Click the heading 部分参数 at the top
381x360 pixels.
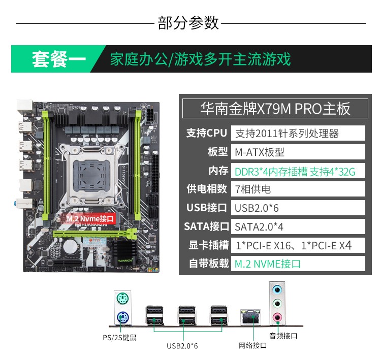point(188,23)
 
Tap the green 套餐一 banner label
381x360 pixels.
point(59,59)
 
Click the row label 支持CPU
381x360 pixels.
point(206,133)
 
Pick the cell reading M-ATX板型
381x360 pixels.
point(298,152)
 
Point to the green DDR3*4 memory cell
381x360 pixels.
point(298,171)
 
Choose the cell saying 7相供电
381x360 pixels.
point(298,189)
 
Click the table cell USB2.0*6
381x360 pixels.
point(298,208)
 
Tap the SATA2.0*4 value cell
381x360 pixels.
point(298,226)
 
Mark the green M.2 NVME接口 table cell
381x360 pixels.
point(298,264)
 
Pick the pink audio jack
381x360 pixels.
point(277,318)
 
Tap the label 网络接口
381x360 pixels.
point(252,345)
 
